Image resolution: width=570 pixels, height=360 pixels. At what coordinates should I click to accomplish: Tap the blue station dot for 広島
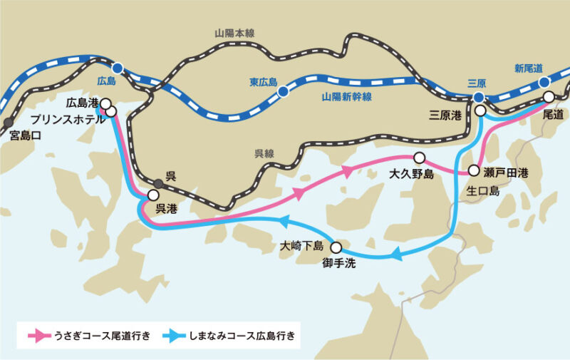pyautogui.click(x=118, y=68)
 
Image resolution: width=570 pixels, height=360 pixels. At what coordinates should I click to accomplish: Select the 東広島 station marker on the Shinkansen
pyautogui.click(x=284, y=91)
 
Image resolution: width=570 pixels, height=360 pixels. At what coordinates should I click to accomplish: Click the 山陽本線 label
pyautogui.click(x=234, y=34)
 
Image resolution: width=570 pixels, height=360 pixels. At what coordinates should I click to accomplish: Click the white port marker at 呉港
pyautogui.click(x=153, y=195)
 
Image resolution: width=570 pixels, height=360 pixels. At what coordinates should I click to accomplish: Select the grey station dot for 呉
pyautogui.click(x=158, y=183)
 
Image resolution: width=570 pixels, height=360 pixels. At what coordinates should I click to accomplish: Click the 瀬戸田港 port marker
pyautogui.click(x=474, y=171)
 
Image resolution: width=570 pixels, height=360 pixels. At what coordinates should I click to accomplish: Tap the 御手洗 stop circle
pyautogui.click(x=336, y=248)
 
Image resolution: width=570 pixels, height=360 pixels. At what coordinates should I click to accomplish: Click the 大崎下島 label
pyautogui.click(x=302, y=247)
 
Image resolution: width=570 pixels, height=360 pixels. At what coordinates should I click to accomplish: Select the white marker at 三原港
pyautogui.click(x=481, y=111)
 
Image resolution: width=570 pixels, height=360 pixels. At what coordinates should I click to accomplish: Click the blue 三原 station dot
pyautogui.click(x=479, y=97)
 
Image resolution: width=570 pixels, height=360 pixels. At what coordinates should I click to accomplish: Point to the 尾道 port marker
pyautogui.click(x=549, y=97)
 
